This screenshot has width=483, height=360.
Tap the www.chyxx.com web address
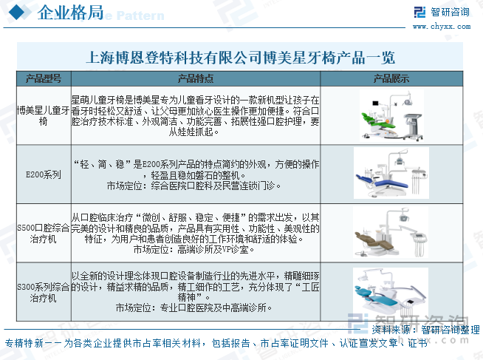(x=451, y=26)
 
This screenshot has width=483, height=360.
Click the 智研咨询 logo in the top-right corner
(x=442, y=11)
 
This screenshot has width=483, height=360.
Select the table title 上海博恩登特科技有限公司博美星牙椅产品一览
(x=241, y=57)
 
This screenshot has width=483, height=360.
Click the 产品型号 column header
(x=43, y=78)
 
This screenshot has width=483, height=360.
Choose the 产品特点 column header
(x=196, y=78)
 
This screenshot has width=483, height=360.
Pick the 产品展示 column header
(x=391, y=78)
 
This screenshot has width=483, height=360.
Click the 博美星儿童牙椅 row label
(x=43, y=115)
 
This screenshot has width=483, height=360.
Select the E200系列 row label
(x=43, y=175)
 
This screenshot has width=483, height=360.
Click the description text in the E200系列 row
(x=196, y=174)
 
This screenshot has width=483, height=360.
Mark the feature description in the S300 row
(x=196, y=290)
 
